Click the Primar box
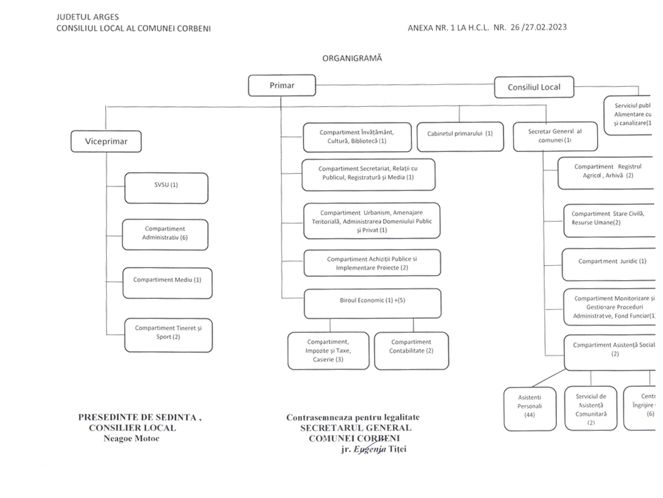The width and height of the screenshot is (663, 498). click(x=282, y=85)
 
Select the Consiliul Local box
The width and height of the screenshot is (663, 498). click(x=534, y=87)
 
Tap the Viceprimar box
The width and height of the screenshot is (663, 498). click(x=106, y=141)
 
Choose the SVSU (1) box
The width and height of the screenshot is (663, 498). click(x=166, y=188)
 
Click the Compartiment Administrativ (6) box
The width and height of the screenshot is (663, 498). click(x=165, y=234)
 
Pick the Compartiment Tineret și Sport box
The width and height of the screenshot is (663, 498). click(x=168, y=333)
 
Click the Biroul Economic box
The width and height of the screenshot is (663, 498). click(x=372, y=303)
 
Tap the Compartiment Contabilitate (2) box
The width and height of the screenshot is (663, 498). click(x=411, y=350)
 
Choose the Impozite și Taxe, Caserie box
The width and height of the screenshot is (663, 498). click(x=328, y=350)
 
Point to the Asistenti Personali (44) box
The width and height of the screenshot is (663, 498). click(x=529, y=408)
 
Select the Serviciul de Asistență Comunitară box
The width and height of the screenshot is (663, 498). click(x=590, y=408)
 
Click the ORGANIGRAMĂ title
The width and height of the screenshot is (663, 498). click(x=352, y=58)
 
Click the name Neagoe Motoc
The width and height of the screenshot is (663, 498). click(x=131, y=438)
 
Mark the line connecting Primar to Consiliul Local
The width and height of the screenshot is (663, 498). click(x=405, y=84)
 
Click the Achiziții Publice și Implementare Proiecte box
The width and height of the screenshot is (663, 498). click(x=372, y=263)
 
